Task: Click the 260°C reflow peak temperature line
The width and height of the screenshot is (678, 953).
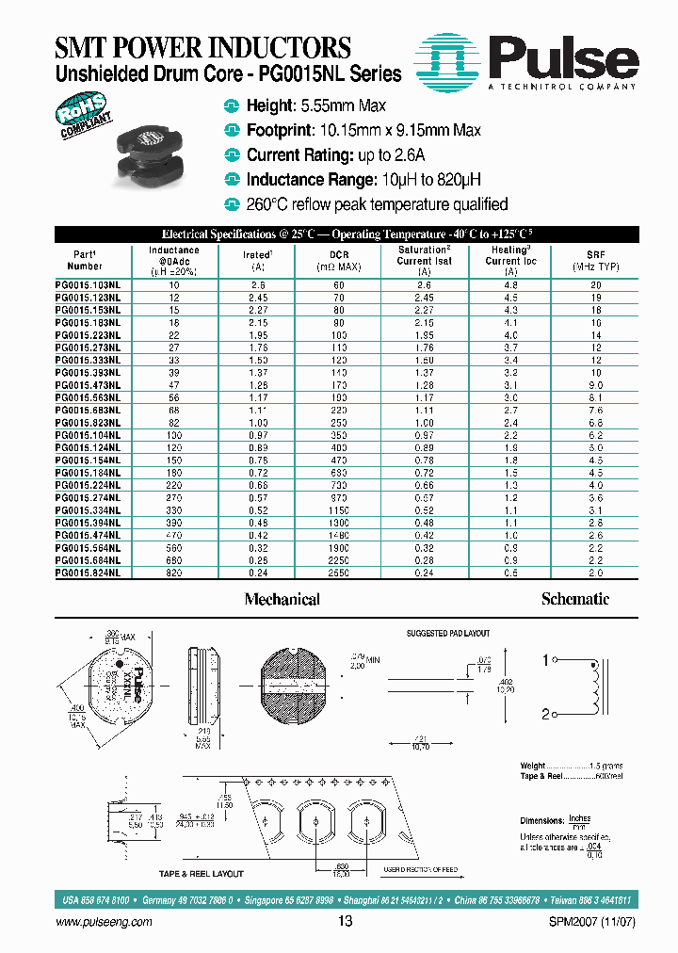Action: [x=377, y=204]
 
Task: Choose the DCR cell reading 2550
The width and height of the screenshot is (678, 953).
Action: [x=345, y=573]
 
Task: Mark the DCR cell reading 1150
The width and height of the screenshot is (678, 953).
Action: [x=345, y=509]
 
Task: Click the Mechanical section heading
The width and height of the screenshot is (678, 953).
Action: [x=282, y=599]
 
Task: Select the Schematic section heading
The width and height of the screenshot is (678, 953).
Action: [x=574, y=599]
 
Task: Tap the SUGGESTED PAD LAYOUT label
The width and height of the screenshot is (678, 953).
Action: [x=447, y=634]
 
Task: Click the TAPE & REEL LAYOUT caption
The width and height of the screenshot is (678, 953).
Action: [x=201, y=874]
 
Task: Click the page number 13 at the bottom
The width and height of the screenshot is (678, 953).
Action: [x=345, y=922]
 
